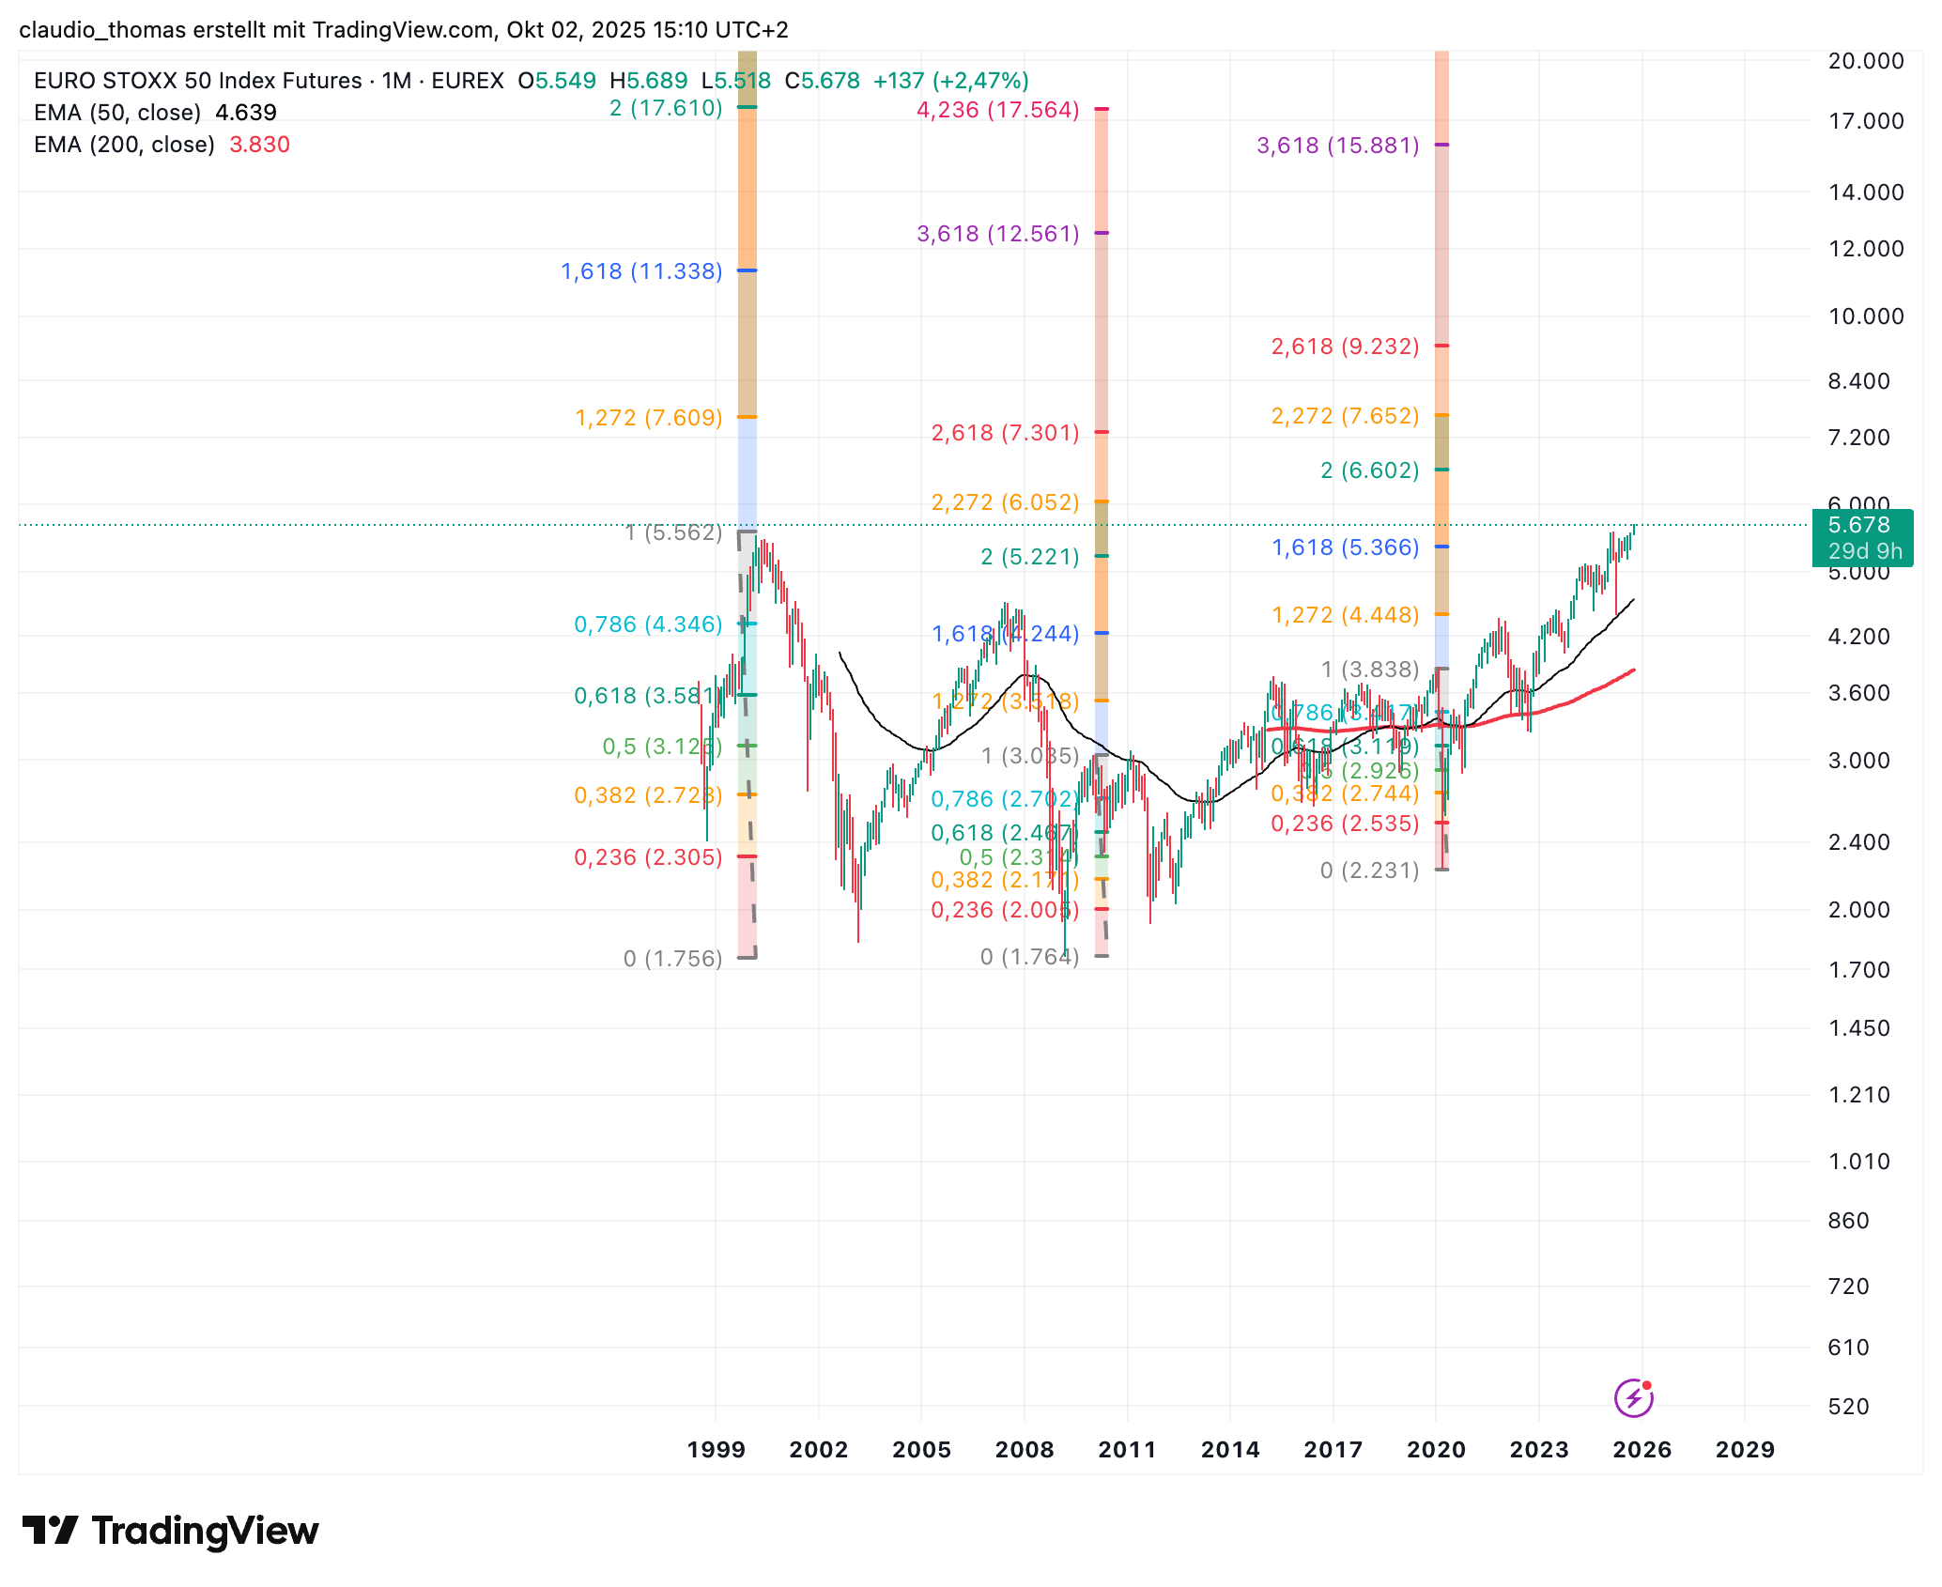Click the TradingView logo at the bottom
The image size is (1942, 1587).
pyautogui.click(x=171, y=1532)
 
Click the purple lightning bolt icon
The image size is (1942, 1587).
pyautogui.click(x=1633, y=1398)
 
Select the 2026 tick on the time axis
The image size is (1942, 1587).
pyautogui.click(x=1641, y=1450)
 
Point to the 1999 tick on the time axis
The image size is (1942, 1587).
pyautogui.click(x=716, y=1450)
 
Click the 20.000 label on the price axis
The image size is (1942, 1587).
pyautogui.click(x=1866, y=61)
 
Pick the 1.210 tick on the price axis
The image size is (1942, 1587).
pyautogui.click(x=1859, y=1095)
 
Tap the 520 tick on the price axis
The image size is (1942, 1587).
pyautogui.click(x=1849, y=1407)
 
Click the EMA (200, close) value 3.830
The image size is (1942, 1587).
pyautogui.click(x=259, y=145)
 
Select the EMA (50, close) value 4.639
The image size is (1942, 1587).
pyautogui.click(x=246, y=113)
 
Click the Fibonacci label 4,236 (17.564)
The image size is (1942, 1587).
pyautogui.click(x=997, y=110)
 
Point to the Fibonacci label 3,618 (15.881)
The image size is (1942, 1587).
pyautogui.click(x=1337, y=146)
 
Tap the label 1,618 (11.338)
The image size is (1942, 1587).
pyautogui.click(x=641, y=271)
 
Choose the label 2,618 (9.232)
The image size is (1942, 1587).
pyautogui.click(x=1345, y=347)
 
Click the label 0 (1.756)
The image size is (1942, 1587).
pyautogui.click(x=672, y=959)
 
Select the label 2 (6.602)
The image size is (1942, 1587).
pyautogui.click(x=1369, y=470)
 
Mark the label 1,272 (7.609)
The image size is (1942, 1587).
pyautogui.click(x=648, y=418)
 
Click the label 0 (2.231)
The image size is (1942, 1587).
pyautogui.click(x=1369, y=871)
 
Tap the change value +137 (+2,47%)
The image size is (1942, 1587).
pyautogui.click(x=950, y=81)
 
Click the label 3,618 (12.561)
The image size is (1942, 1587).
pyautogui.click(x=997, y=234)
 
